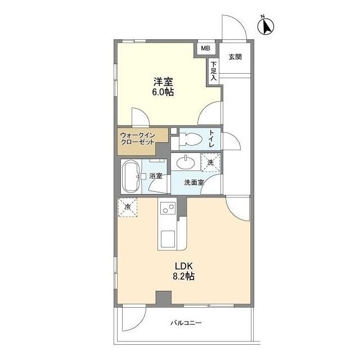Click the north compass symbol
(265, 26)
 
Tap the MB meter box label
(206, 49)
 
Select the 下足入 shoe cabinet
(214, 71)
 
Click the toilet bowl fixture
(189, 138)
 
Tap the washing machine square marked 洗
(210, 162)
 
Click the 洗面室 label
(195, 182)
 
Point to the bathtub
(131, 176)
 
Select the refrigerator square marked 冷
(127, 208)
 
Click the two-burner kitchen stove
(167, 209)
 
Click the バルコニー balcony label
(186, 323)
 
